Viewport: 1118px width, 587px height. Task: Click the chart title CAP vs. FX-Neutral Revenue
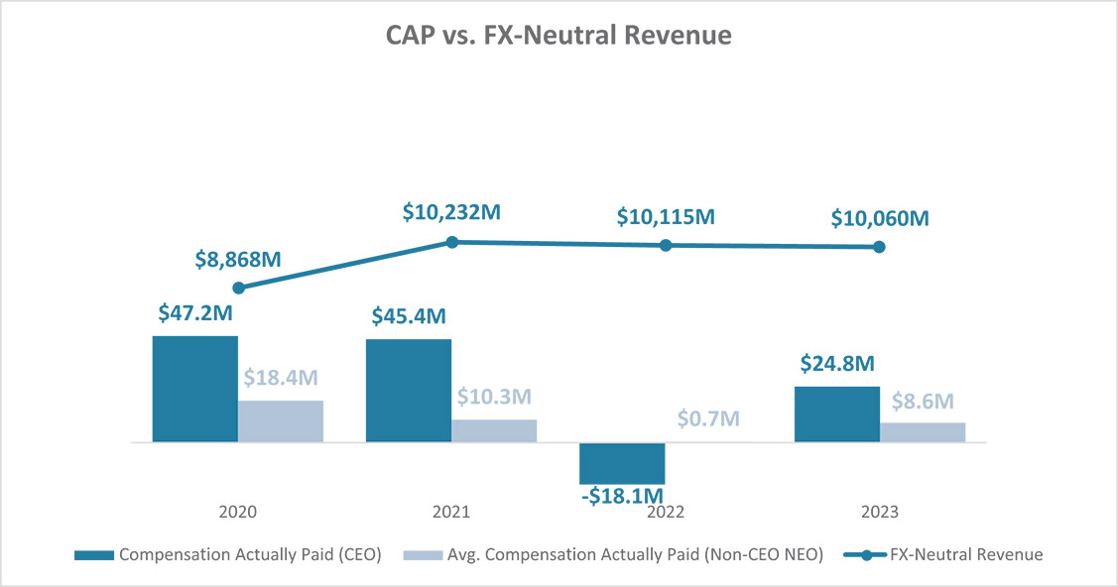click(x=559, y=37)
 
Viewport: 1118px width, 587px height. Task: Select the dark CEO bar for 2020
click(x=194, y=389)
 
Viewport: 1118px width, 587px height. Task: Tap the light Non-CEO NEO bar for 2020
click(x=280, y=421)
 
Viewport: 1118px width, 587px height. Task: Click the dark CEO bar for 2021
click(x=409, y=391)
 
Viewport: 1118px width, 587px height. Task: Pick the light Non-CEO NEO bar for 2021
click(x=494, y=430)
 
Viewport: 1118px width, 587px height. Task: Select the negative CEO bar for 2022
click(x=622, y=463)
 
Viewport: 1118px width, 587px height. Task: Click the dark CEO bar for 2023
click(x=836, y=413)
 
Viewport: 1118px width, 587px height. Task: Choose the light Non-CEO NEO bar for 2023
click(x=922, y=432)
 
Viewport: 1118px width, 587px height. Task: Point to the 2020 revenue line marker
click(x=238, y=288)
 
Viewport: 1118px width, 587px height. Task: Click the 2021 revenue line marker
click(x=451, y=242)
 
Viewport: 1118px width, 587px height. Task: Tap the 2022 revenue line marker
click(x=666, y=245)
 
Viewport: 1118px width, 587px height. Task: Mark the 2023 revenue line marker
click(x=879, y=247)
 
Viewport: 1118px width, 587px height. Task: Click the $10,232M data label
click(x=452, y=212)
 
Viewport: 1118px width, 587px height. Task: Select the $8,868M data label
click(x=238, y=260)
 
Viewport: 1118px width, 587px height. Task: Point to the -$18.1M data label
click(x=622, y=495)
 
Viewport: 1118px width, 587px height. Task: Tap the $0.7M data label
click(x=708, y=418)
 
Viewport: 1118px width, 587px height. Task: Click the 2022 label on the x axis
click(x=666, y=512)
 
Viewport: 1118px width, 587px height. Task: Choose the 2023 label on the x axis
click(x=879, y=512)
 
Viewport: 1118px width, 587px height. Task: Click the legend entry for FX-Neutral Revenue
click(x=942, y=554)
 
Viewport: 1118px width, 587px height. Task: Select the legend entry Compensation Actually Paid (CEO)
click(x=228, y=554)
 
